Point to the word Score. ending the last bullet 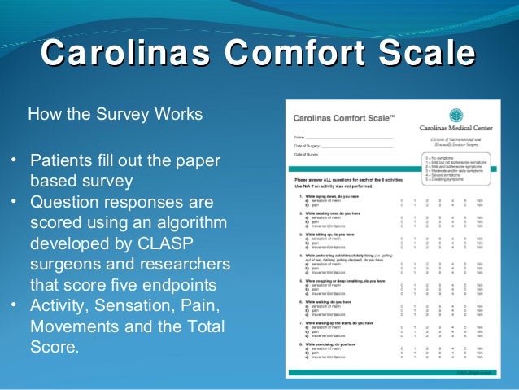click(55, 348)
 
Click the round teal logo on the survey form click(457, 116)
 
